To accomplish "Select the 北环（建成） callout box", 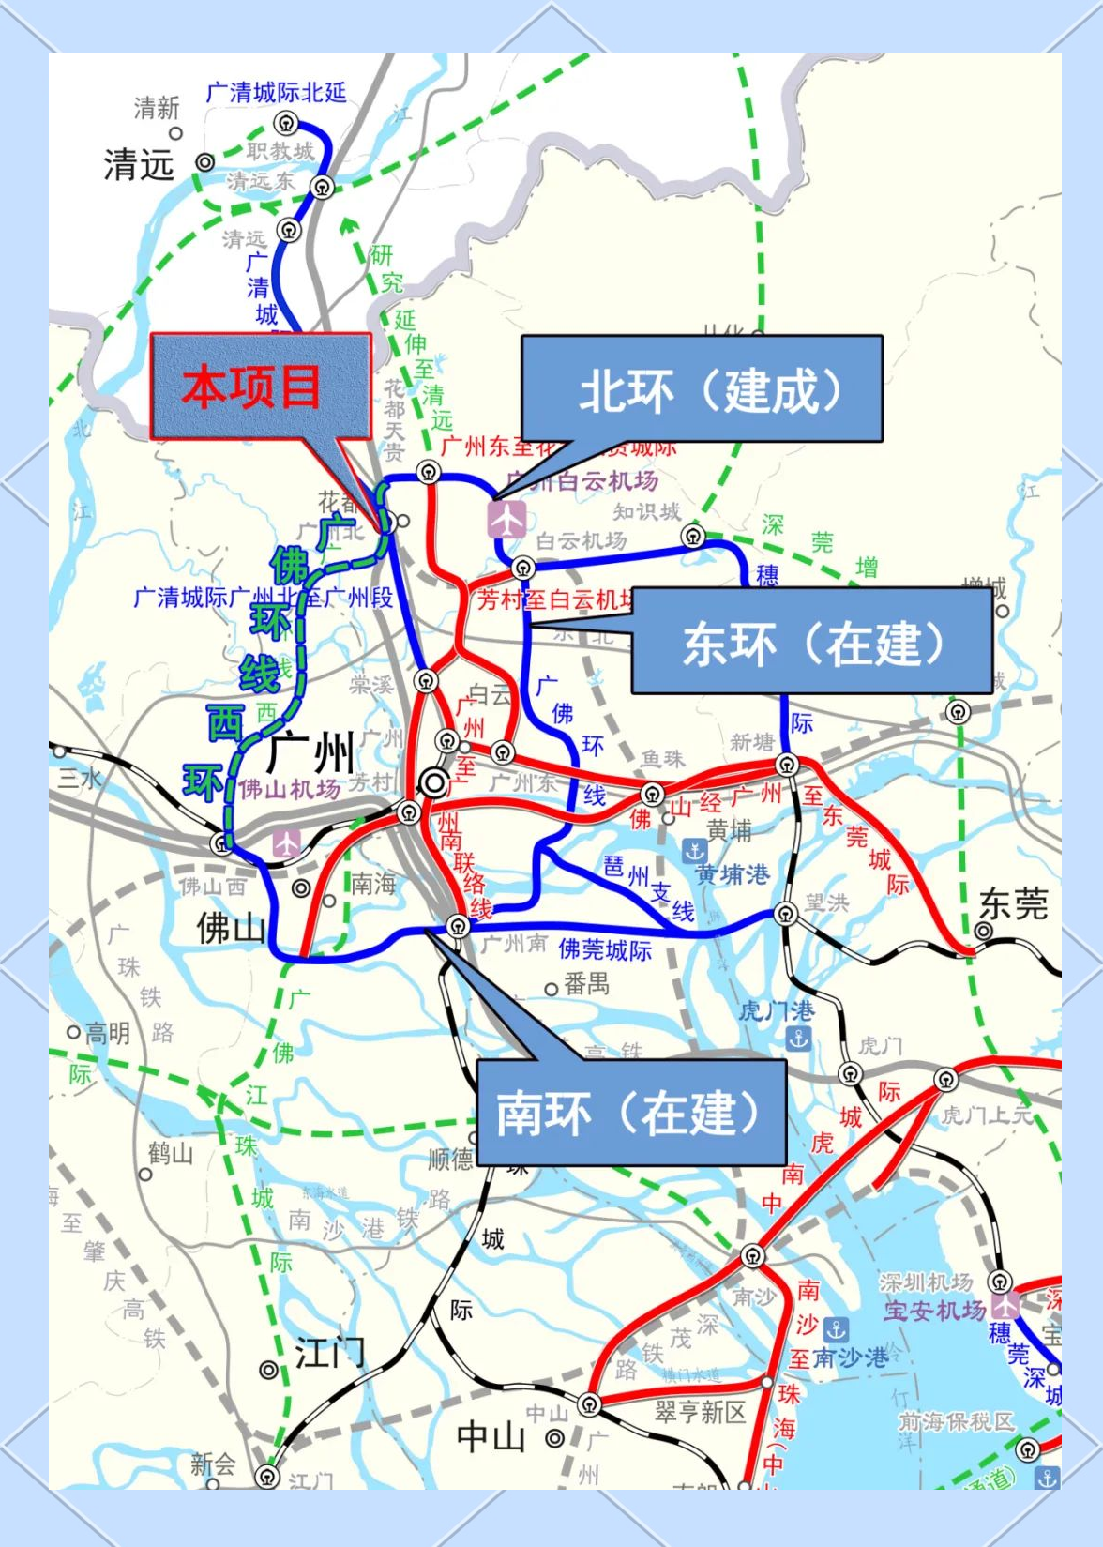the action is click(702, 388).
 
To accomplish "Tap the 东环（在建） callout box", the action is click(811, 642).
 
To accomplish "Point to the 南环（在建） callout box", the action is click(630, 1113).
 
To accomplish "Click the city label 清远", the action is click(139, 165).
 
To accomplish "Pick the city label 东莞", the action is click(1013, 904).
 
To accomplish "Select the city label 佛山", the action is click(231, 929).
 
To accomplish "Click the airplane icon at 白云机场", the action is click(507, 519).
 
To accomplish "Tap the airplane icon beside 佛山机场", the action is click(286, 842).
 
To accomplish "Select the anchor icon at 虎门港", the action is click(798, 1039).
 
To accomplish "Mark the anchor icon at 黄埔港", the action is click(694, 851).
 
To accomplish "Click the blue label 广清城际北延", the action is click(276, 92).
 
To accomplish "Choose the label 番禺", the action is click(587, 984).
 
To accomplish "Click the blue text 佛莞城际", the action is click(605, 949).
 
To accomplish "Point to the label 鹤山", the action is click(170, 1153).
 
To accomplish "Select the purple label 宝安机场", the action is click(934, 1310).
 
